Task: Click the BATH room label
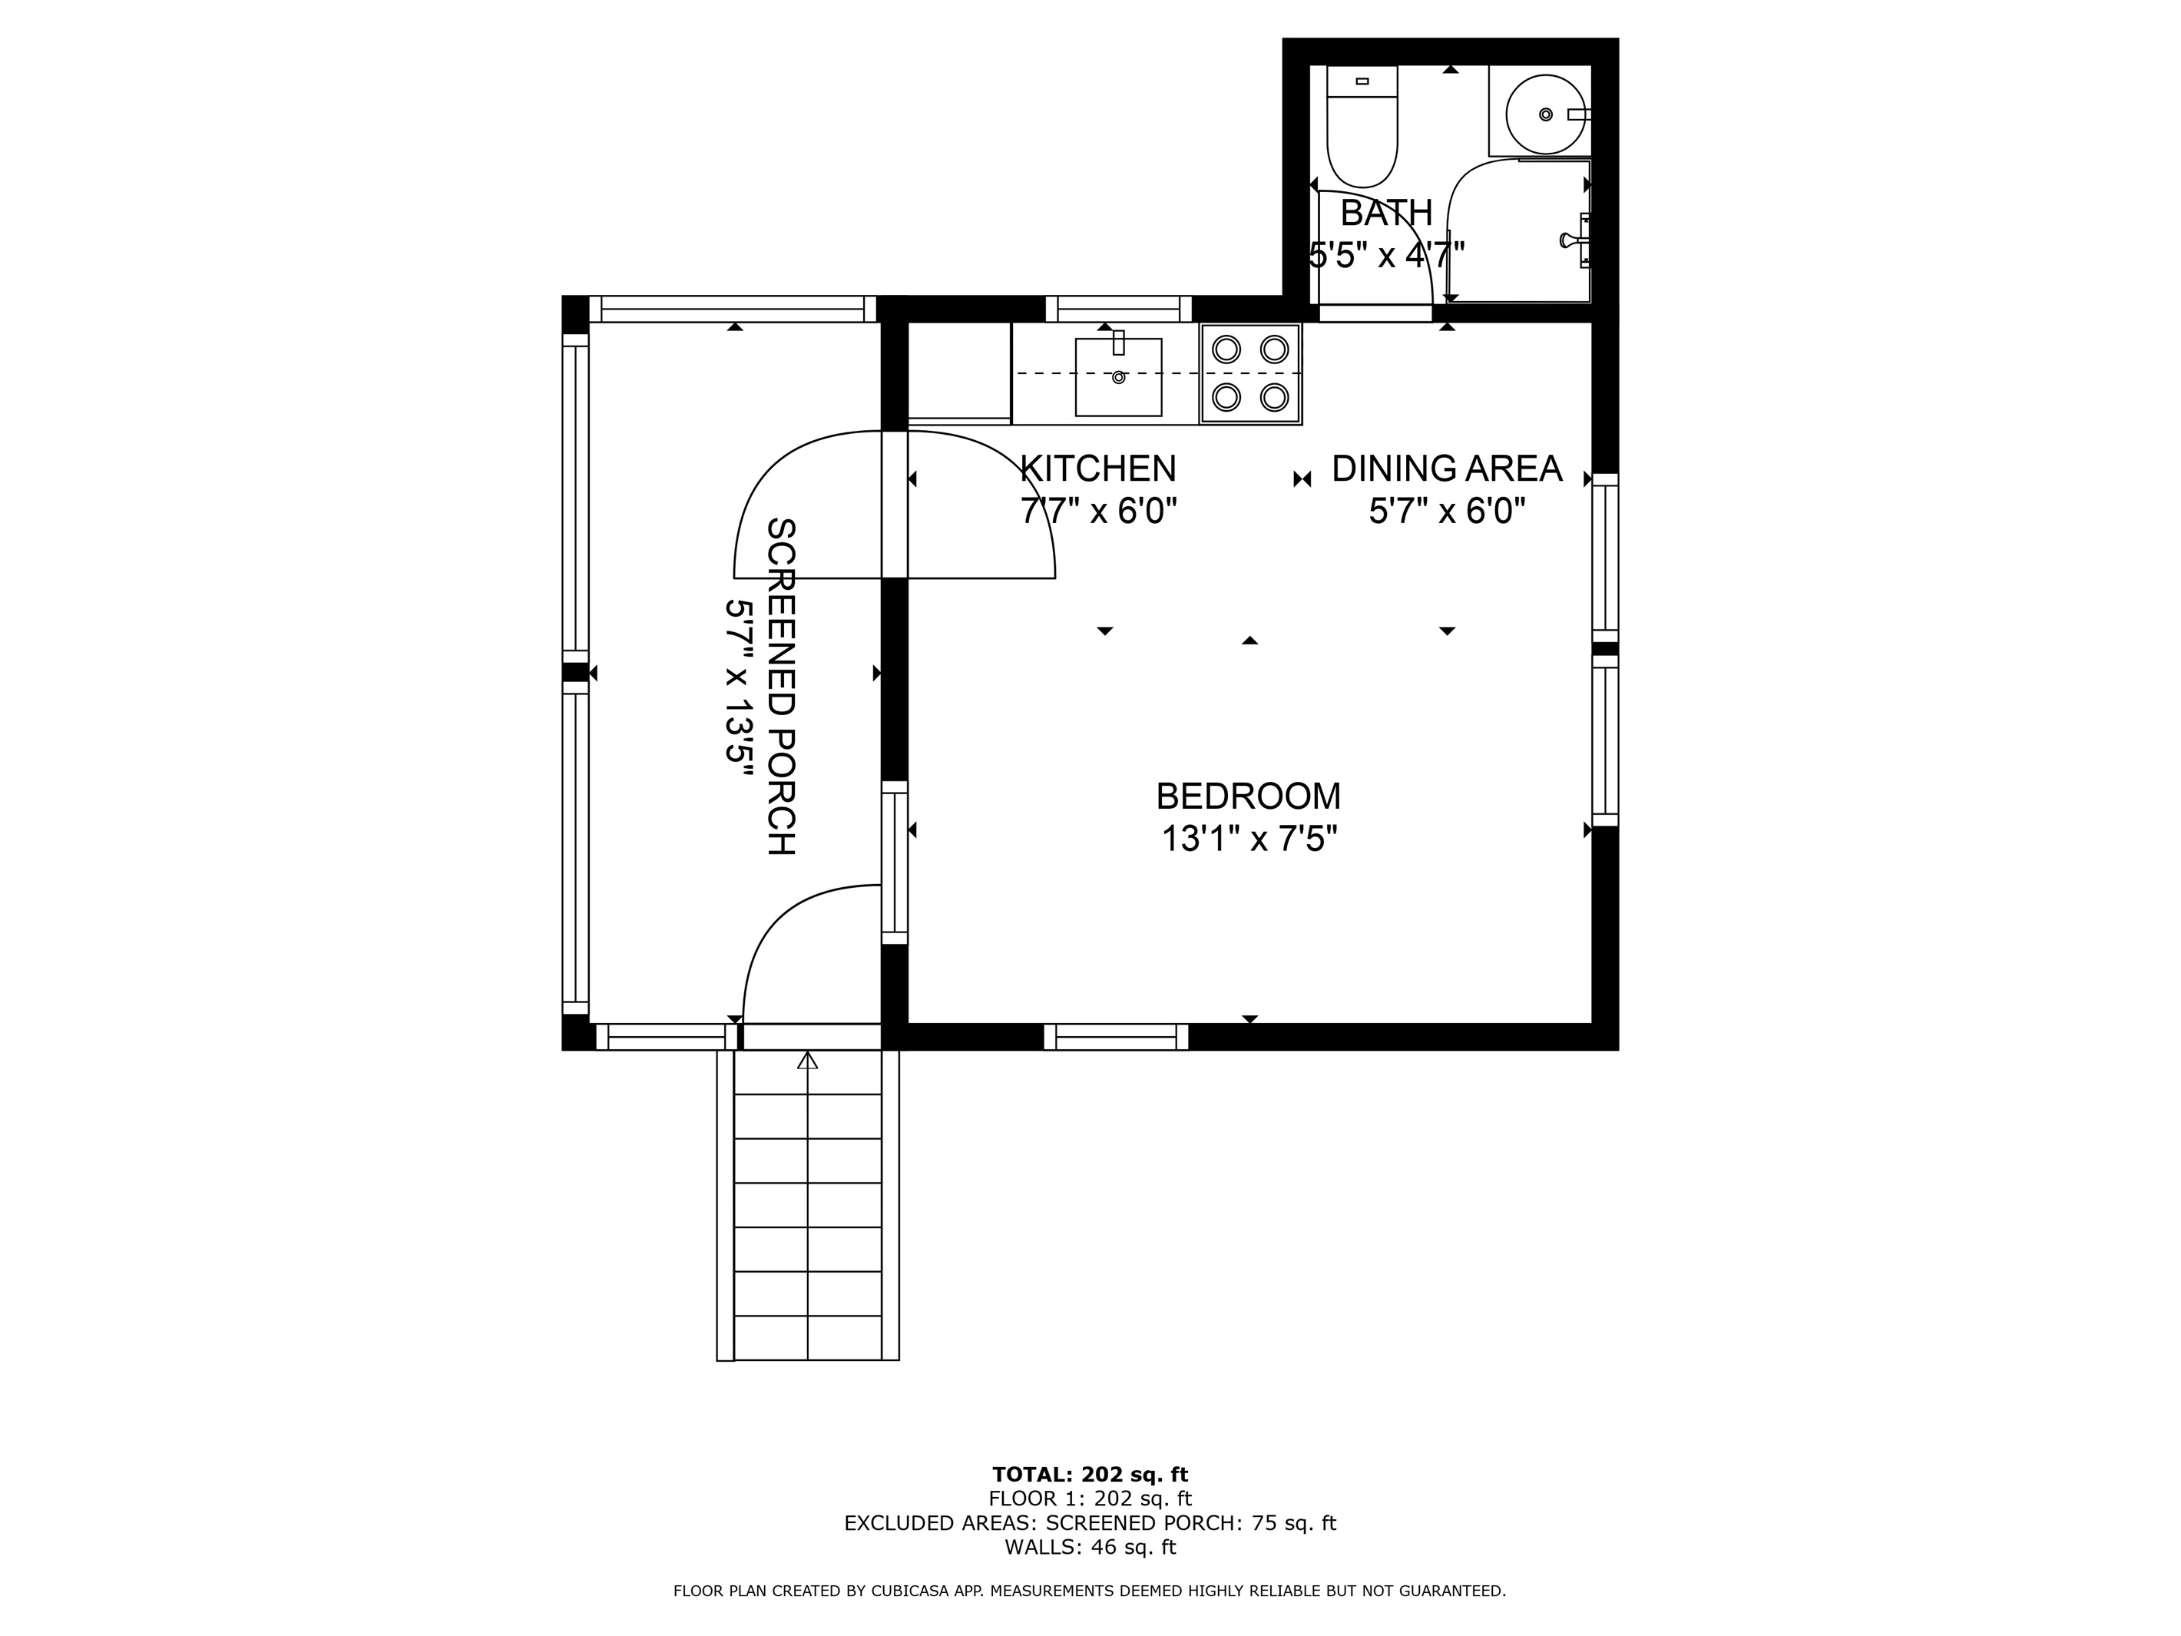click(1385, 213)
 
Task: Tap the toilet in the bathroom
click(1362, 126)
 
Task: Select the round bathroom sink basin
click(1546, 114)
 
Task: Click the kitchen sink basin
click(1118, 376)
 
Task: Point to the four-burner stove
click(1250, 374)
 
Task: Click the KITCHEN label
click(1097, 469)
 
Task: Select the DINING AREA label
click(1446, 469)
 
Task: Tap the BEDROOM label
click(1248, 796)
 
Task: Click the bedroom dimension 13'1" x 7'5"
click(1248, 840)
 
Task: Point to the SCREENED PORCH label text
click(781, 687)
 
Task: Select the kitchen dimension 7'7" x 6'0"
click(1098, 511)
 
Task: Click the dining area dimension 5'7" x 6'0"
click(1446, 511)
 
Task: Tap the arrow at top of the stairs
click(808, 1061)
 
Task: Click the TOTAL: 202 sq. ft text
click(1090, 1474)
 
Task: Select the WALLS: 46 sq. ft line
click(1090, 1547)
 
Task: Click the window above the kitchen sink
click(1118, 309)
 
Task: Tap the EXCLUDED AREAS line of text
click(1090, 1522)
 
